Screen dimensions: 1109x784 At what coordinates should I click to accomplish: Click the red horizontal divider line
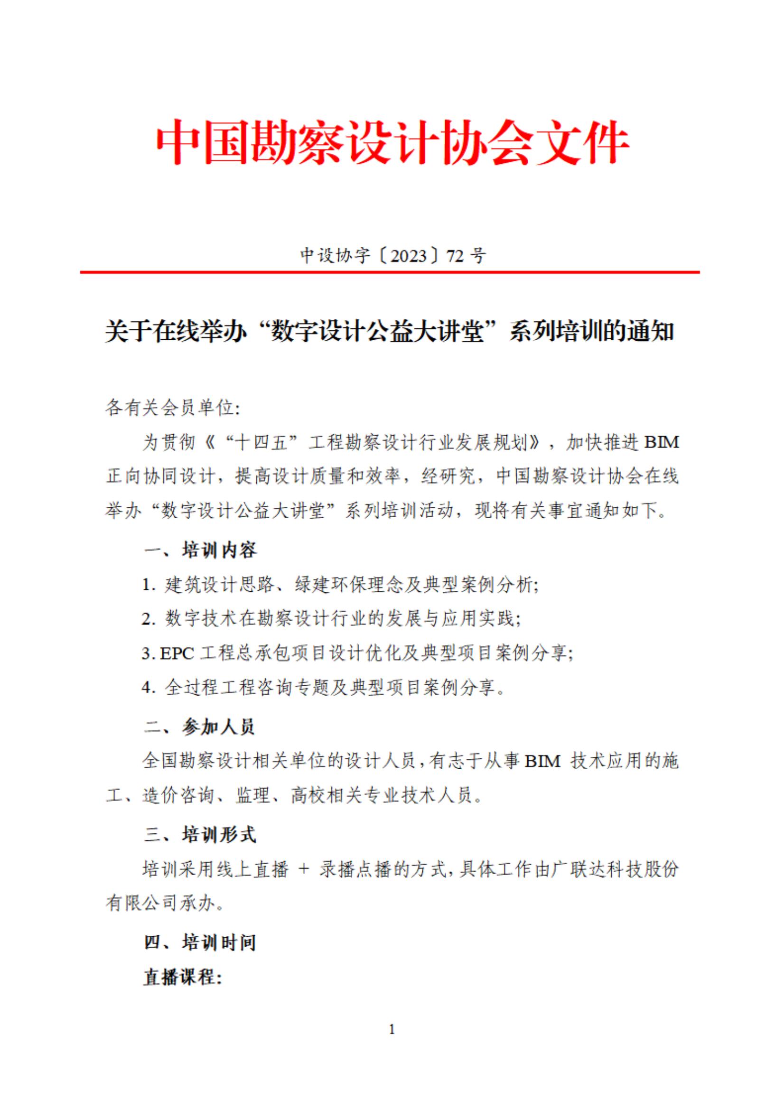pos(389,272)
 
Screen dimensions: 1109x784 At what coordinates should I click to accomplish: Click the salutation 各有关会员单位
pos(171,408)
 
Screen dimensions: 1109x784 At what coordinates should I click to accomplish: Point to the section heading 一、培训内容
pos(200,550)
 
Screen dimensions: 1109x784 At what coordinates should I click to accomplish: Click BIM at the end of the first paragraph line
pos(661,442)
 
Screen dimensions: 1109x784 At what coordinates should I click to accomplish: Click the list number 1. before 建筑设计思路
pos(148,585)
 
